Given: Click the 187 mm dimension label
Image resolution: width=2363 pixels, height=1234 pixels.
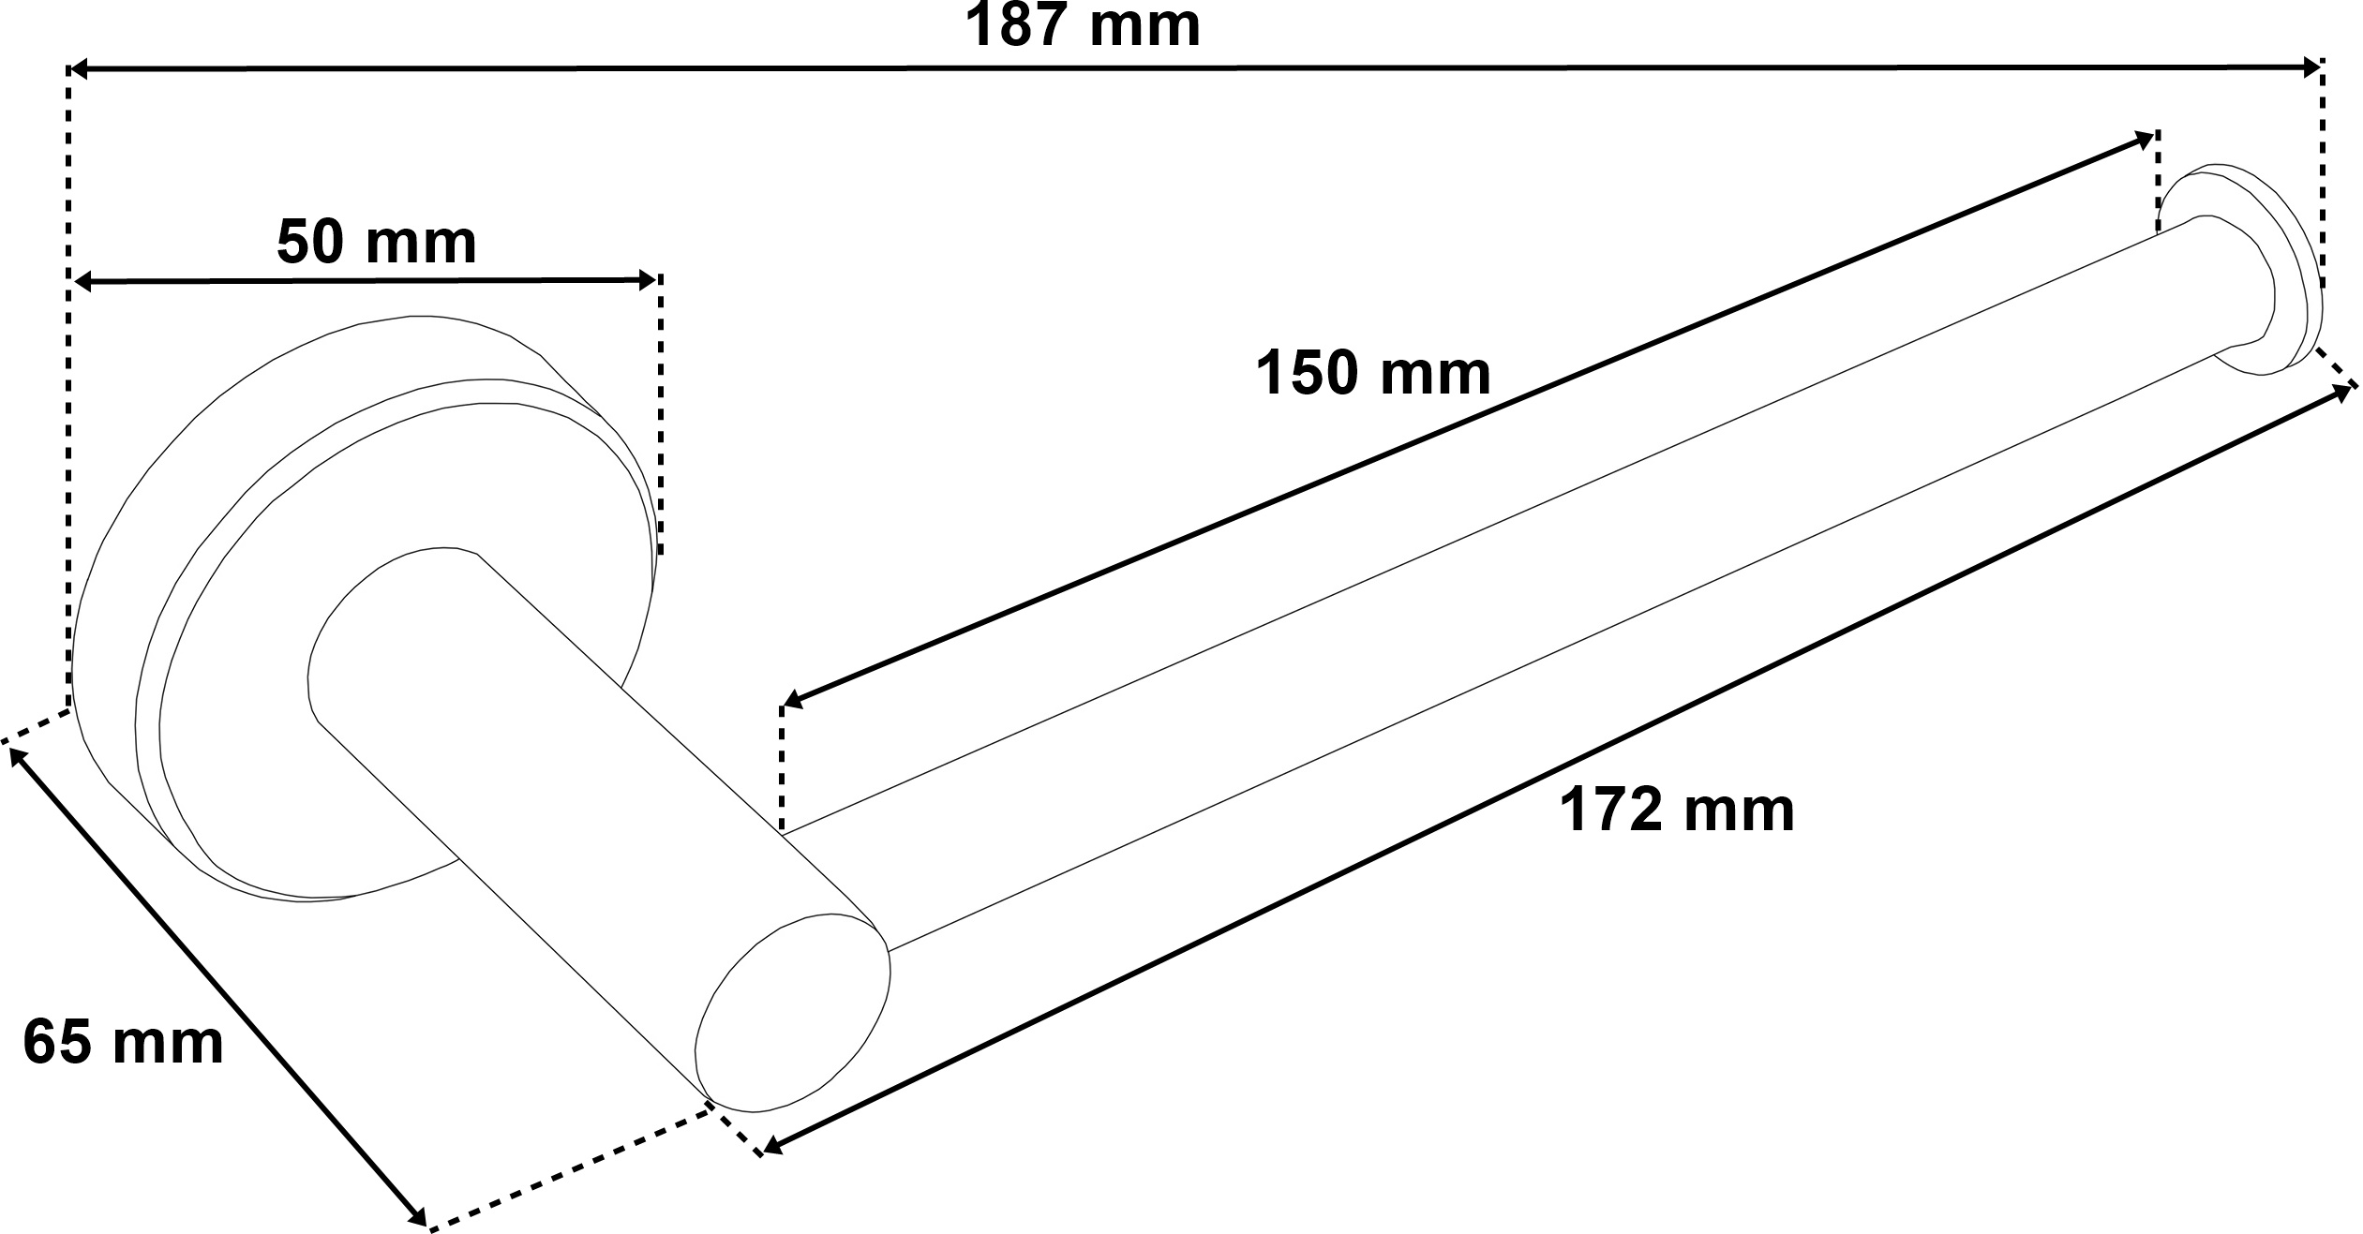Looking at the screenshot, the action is [x=1083, y=25].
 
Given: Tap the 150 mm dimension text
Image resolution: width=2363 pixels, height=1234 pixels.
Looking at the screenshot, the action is [x=1373, y=372].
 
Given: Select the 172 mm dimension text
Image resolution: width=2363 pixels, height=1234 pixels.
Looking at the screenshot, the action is [x=1677, y=810].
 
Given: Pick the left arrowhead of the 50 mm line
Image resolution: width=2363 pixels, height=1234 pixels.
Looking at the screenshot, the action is [x=84, y=281].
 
